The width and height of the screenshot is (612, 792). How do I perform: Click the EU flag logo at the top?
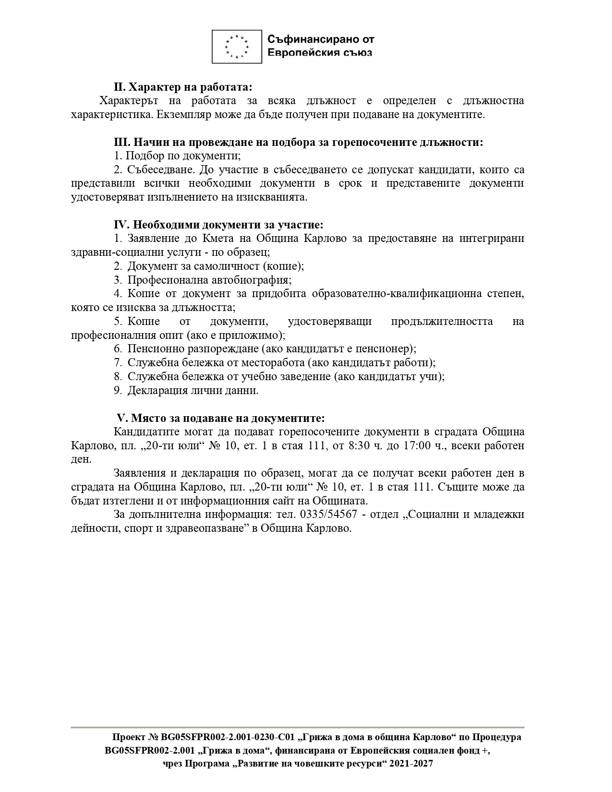click(x=237, y=47)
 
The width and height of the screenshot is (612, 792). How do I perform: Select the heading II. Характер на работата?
click(x=183, y=87)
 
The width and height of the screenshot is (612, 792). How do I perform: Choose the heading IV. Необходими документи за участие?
click(x=218, y=225)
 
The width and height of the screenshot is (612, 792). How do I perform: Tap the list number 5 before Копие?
click(x=117, y=321)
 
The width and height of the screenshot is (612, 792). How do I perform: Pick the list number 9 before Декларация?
click(x=117, y=390)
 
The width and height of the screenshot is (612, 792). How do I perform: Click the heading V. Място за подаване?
click(x=221, y=418)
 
